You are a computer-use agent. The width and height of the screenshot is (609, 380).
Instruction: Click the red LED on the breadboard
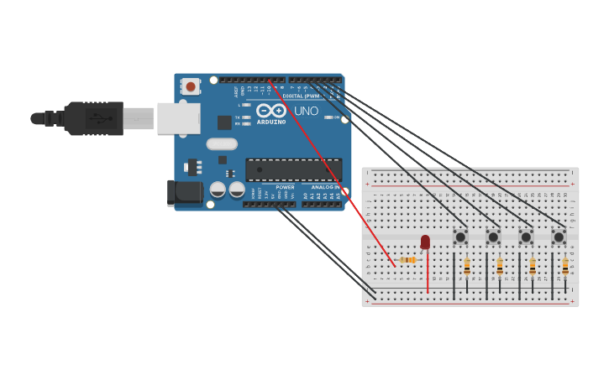[425, 242]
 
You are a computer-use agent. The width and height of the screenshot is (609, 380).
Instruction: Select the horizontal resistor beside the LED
[408, 260]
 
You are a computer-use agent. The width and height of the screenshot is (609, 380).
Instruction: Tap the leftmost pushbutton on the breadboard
[460, 237]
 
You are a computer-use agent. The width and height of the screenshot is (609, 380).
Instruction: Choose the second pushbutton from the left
[493, 237]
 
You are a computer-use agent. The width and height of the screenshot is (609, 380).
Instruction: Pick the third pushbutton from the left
[526, 237]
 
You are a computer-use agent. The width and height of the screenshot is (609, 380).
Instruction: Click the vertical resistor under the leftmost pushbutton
[467, 267]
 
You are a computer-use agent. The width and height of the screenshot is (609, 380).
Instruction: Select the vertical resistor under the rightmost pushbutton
[565, 267]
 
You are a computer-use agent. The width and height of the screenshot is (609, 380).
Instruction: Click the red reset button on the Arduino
[191, 86]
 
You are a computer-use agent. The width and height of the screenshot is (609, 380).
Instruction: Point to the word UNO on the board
[307, 111]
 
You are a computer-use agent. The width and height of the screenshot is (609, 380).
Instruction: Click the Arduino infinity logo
[271, 111]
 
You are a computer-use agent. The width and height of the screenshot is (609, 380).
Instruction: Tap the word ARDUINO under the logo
[271, 122]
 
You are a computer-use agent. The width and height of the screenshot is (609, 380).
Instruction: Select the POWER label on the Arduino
[285, 187]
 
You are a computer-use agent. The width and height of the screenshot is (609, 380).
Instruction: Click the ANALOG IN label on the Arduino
[325, 187]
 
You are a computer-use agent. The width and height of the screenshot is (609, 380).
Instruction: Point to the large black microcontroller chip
[293, 169]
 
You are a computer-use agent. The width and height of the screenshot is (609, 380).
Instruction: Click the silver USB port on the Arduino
[179, 118]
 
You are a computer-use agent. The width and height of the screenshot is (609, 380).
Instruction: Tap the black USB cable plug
[92, 118]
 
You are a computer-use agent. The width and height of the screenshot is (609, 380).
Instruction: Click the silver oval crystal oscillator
[222, 143]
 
